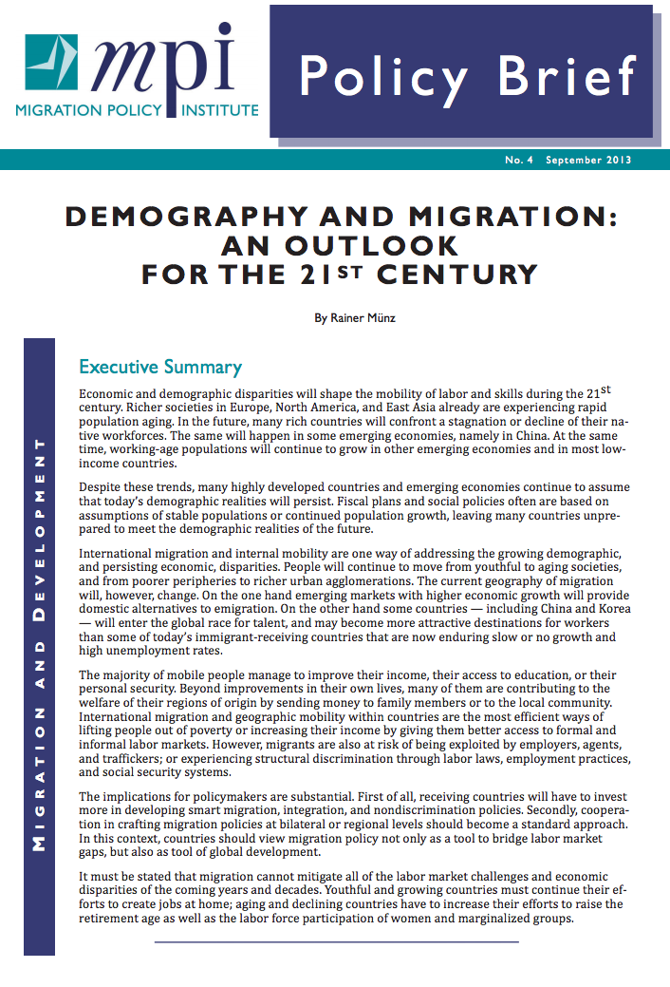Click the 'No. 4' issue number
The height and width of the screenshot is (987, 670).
point(519,161)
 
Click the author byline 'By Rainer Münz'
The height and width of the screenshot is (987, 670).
point(354,318)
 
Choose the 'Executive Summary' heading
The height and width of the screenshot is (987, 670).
point(160,367)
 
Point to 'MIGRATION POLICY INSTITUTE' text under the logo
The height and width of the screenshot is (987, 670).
point(137,110)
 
